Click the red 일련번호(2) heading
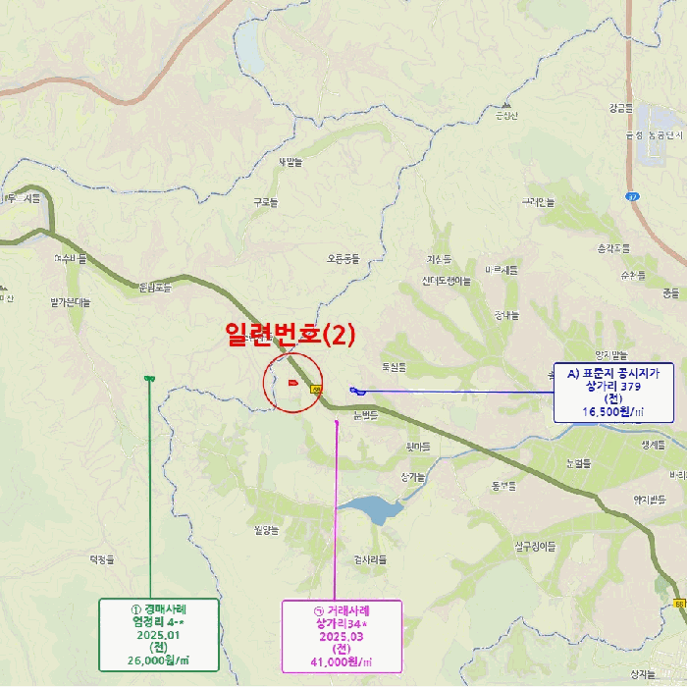[x=290, y=334]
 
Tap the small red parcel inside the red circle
[x=293, y=382]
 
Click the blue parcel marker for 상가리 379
[x=357, y=392]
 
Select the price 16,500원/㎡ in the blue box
[x=613, y=412]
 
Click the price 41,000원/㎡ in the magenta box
[x=341, y=662]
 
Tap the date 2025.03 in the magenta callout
[x=341, y=636]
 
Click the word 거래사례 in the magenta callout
[x=346, y=609]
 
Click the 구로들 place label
[x=265, y=202]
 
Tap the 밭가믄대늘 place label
[x=70, y=302]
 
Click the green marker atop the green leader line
[x=148, y=379]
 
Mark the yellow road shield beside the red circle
[x=316, y=390]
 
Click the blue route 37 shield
[x=632, y=196]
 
